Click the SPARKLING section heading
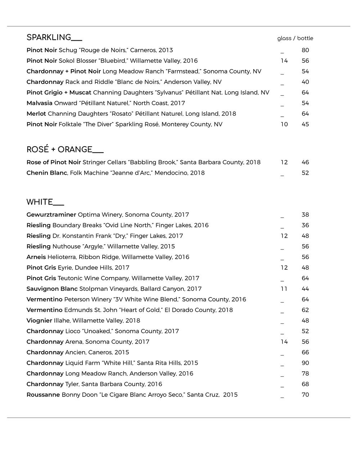click(54, 37)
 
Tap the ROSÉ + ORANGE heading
click(65, 149)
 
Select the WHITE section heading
click(45, 202)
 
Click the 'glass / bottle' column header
click(295, 38)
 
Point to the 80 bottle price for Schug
click(305, 50)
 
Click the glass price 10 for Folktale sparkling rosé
click(284, 124)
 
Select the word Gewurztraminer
click(51, 215)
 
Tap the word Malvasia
click(40, 103)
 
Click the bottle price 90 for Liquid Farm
click(305, 363)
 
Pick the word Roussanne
click(43, 395)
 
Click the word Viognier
click(39, 321)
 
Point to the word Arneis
click(36, 257)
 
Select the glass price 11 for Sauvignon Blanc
click(284, 289)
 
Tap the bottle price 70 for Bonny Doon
click(305, 395)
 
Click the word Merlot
click(36, 114)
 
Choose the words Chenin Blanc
click(47, 173)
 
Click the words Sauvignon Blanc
click(52, 289)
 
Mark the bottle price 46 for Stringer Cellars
click(305, 162)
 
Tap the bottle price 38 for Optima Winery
click(305, 215)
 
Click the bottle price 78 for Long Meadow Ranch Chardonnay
click(305, 373)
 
